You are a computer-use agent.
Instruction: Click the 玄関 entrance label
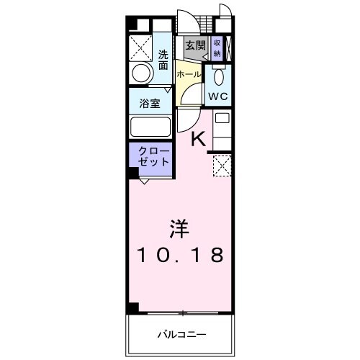(x=194, y=45)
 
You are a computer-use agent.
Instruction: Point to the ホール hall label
(x=189, y=74)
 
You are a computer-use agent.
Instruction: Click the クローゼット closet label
(x=150, y=156)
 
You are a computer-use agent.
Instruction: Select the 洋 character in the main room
(x=179, y=230)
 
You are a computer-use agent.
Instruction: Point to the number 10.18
(x=179, y=255)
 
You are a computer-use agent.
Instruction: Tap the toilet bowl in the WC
(x=218, y=76)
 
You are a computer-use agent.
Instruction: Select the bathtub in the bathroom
(x=150, y=127)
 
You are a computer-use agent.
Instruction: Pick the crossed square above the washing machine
(x=141, y=46)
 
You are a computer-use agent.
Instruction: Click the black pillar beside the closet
(x=133, y=173)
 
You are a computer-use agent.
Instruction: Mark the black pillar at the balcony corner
(x=132, y=307)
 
